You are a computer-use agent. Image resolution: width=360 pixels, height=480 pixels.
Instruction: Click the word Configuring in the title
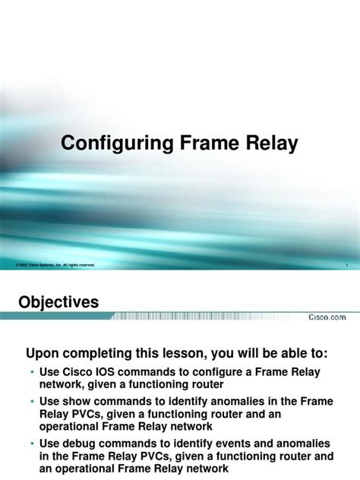click(x=115, y=143)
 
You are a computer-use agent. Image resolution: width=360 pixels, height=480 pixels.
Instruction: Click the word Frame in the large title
click(x=205, y=143)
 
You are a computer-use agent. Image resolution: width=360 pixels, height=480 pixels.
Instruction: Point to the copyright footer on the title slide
click(x=55, y=265)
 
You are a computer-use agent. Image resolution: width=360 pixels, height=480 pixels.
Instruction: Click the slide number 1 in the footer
click(x=346, y=265)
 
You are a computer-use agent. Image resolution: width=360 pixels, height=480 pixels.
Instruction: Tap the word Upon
click(x=43, y=353)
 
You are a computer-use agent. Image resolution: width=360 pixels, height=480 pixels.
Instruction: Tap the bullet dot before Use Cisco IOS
click(x=32, y=372)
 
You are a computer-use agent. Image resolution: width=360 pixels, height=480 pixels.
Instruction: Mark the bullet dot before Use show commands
click(x=32, y=400)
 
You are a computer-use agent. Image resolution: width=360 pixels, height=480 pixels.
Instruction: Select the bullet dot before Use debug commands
click(x=32, y=443)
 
